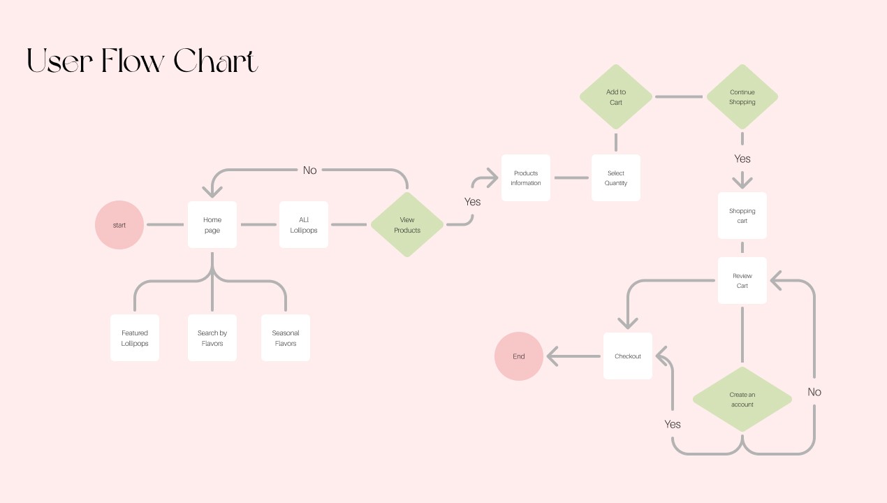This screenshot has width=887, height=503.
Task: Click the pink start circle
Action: coord(119,225)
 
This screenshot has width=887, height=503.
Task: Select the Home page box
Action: coord(212,225)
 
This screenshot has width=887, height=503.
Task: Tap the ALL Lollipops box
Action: coord(304,225)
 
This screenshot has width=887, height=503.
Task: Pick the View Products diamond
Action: coord(407,225)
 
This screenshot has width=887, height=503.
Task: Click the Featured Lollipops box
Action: coord(135,338)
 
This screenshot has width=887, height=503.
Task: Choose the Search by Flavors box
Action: coord(212,338)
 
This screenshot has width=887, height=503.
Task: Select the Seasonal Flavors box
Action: coord(286,338)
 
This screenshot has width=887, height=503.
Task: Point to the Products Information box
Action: coord(526,178)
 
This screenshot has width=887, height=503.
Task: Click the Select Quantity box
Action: coord(616,178)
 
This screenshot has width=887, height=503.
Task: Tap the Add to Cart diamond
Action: coord(616,97)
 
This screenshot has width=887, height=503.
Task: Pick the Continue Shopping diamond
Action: coord(742,97)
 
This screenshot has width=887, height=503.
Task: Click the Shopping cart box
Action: coord(742,216)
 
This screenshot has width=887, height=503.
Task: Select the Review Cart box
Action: coord(742,281)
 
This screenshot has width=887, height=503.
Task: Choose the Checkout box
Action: coord(628,356)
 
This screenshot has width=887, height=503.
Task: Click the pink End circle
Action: coord(519,356)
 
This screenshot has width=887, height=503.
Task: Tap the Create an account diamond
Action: coord(742,400)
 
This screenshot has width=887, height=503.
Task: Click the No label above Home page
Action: coord(309,170)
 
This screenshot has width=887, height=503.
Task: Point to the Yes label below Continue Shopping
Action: coord(742,159)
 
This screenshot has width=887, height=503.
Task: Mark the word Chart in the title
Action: coord(216,61)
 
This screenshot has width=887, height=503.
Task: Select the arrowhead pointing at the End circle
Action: coord(552,357)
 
